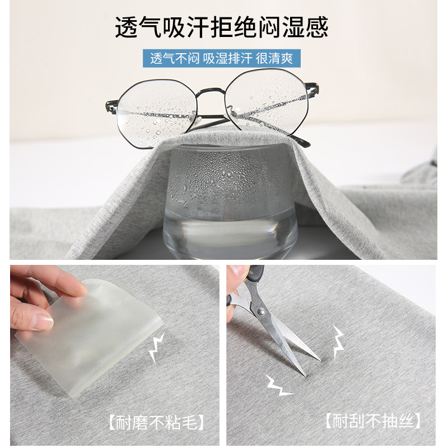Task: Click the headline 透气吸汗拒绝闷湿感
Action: coord(222,27)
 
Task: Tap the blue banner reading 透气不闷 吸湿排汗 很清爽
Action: coord(222,58)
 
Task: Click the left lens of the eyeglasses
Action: coord(157,114)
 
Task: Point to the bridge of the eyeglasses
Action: coord(211,92)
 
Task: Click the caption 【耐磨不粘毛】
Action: coord(157,422)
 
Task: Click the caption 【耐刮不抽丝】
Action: coord(373,421)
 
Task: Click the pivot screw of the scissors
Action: coord(260,311)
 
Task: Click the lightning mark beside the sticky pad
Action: coord(157,347)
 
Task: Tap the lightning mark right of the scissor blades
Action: coord(338,341)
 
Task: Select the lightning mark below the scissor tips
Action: coord(278,385)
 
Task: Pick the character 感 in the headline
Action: coord(316,27)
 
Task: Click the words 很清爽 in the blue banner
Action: coord(274,59)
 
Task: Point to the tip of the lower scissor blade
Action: coord(305,375)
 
